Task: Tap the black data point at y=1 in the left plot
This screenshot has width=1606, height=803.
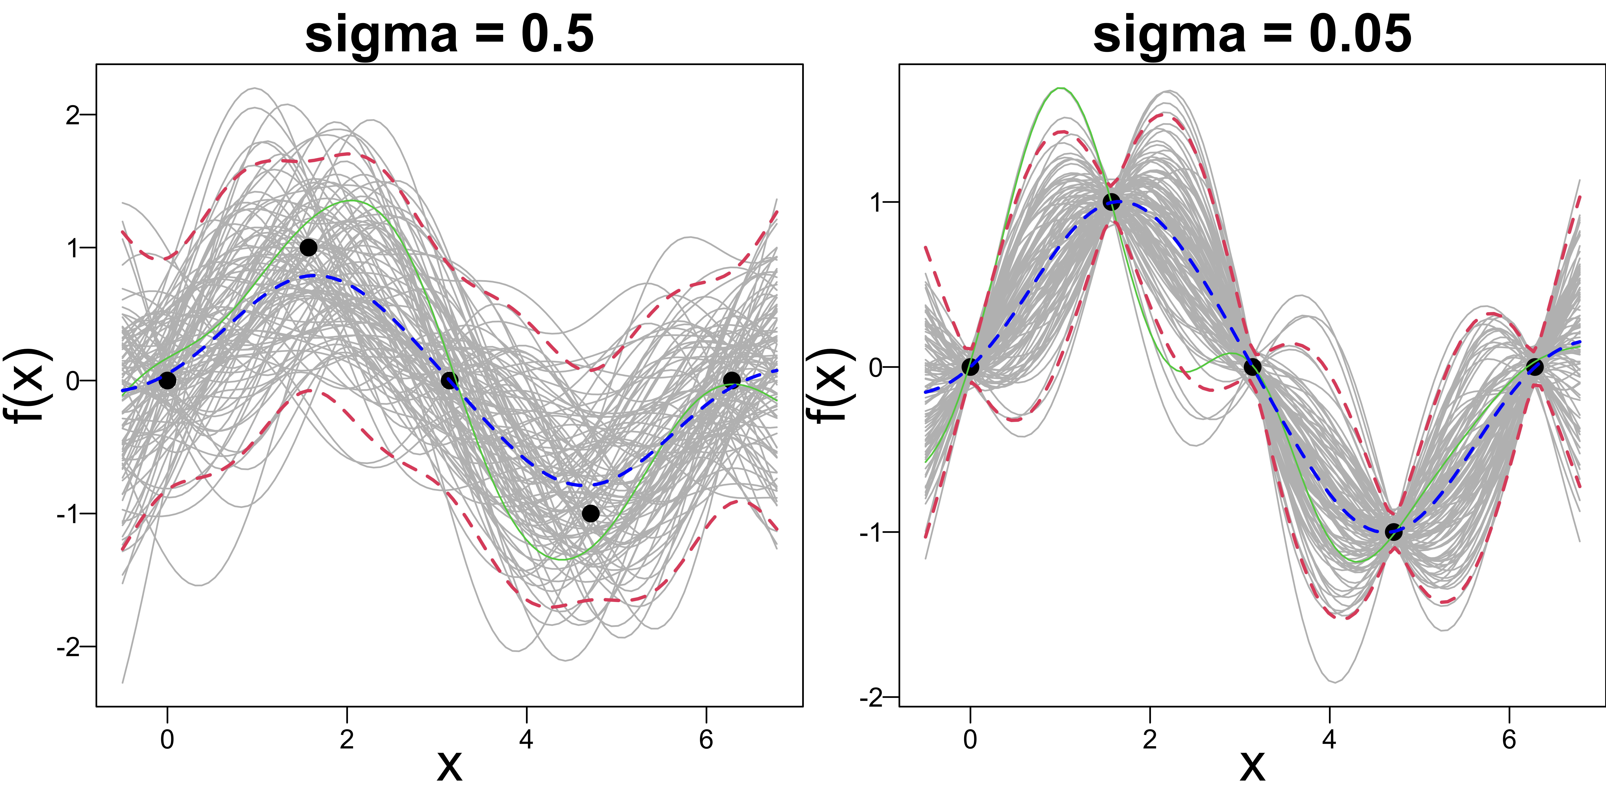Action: pos(308,248)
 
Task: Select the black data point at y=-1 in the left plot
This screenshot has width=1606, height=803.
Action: pos(590,513)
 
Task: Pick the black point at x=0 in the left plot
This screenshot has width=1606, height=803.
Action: pos(167,380)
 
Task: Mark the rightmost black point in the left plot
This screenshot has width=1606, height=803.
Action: pos(731,380)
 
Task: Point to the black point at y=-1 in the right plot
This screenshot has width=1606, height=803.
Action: pos(1393,532)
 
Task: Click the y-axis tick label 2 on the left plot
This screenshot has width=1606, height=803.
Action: pos(73,115)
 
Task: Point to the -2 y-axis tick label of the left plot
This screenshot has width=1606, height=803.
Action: pos(69,647)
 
